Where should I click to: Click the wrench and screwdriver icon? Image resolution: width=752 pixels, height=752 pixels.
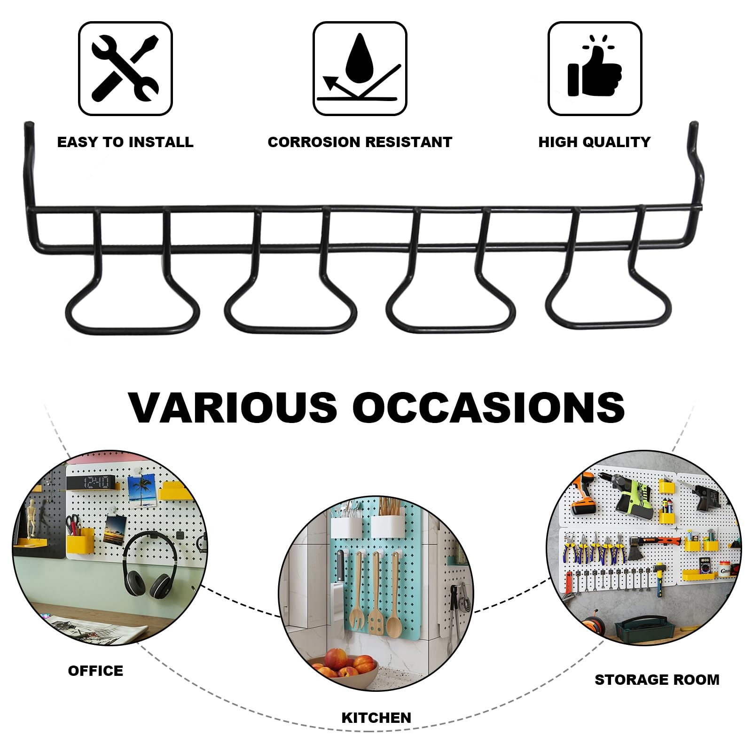[125, 69]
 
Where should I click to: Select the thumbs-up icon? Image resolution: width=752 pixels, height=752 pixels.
[595, 69]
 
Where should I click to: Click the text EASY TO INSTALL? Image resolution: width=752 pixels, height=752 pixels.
[125, 142]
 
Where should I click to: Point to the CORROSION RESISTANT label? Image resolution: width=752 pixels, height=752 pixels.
[360, 142]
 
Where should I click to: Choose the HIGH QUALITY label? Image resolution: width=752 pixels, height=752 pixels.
[595, 142]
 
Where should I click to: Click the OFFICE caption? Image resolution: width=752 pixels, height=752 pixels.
[95, 671]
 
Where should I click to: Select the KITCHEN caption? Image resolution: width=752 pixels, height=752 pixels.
[376, 718]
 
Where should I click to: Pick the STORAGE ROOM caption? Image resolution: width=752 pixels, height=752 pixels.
[657, 680]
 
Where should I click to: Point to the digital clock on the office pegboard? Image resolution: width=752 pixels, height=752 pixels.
[91, 482]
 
